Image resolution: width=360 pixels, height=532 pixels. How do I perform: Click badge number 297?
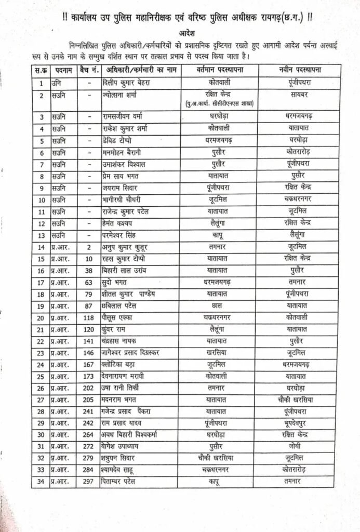[88, 482]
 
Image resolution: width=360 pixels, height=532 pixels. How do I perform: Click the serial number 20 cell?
[41, 317]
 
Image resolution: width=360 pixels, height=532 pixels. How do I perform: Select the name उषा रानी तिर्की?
[122, 387]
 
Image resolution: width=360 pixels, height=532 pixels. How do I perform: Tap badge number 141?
[88, 340]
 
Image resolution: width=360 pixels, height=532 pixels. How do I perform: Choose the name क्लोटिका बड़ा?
[119, 364]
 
